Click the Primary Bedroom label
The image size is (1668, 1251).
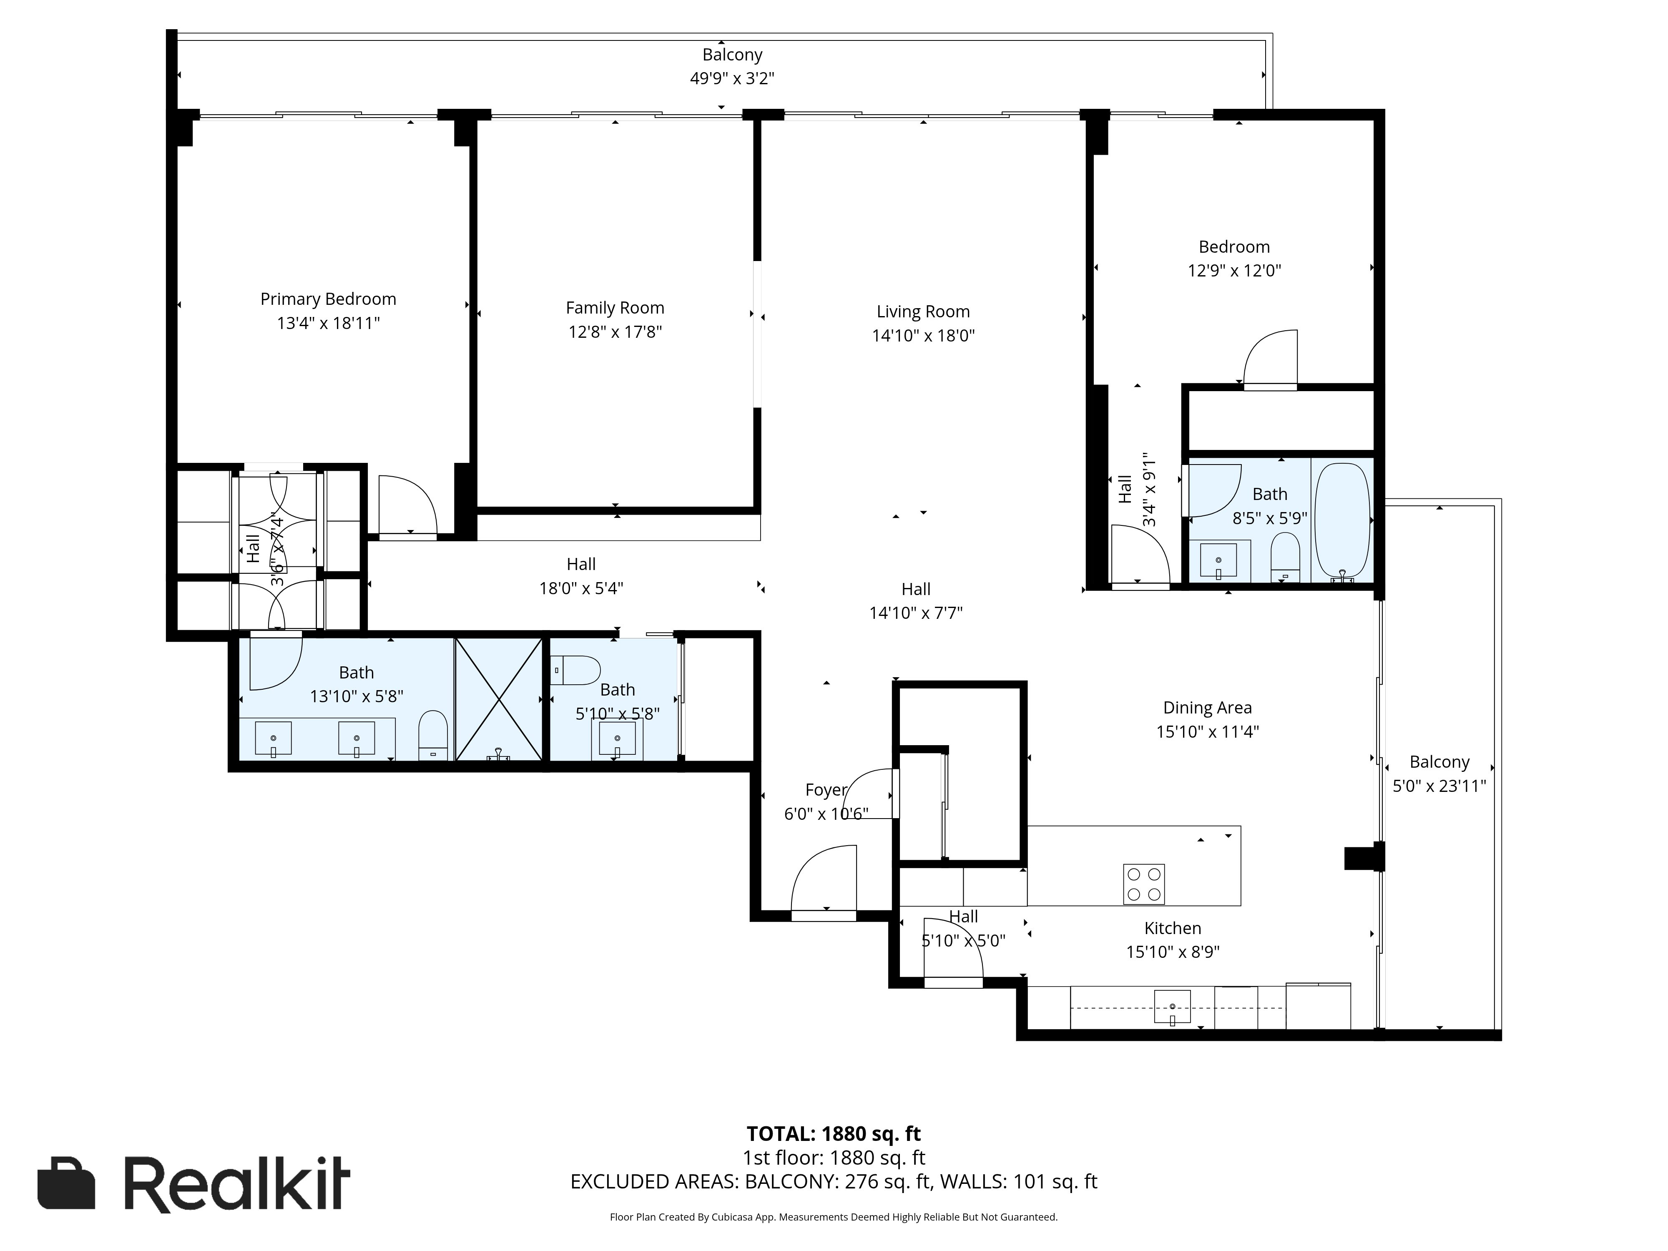[328, 299]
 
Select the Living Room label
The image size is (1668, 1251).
[923, 311]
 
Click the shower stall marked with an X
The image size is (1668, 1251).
[498, 699]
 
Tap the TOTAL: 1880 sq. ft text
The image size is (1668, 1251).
[833, 1133]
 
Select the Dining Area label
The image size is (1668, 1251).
[1207, 707]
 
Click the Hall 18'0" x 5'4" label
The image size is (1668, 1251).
[580, 564]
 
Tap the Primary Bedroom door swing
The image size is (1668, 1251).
[407, 505]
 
